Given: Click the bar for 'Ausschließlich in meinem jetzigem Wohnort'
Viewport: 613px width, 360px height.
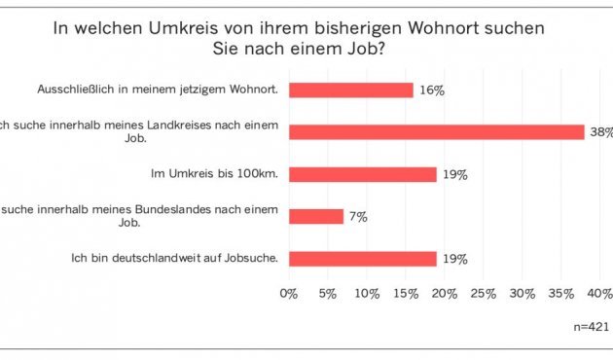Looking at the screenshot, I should pos(350,90).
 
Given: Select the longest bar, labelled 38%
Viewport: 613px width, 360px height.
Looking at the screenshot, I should pos(436,131).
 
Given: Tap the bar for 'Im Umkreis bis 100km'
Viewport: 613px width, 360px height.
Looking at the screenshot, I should pos(362,174).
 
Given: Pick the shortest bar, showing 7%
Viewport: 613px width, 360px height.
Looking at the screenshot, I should pos(315,216).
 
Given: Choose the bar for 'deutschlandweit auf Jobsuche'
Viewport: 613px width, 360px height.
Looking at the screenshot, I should pos(362,258).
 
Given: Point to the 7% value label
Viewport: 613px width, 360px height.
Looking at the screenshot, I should pos(357,216).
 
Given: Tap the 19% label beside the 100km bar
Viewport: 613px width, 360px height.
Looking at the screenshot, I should pos(455,174).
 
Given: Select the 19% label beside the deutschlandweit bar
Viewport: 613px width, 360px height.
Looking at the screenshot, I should pos(455,258).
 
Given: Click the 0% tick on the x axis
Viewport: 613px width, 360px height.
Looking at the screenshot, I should pos(289,293).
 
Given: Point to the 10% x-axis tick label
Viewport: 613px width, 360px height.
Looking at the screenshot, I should pos(367,293).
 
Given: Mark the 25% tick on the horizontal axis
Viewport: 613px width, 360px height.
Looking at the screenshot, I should pos(485,293).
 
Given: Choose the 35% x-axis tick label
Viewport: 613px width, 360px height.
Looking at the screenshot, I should pos(562,293).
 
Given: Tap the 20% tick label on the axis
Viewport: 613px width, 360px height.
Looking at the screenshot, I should pos(446,293).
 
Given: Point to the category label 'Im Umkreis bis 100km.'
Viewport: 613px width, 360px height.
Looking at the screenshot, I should pos(214,174).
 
